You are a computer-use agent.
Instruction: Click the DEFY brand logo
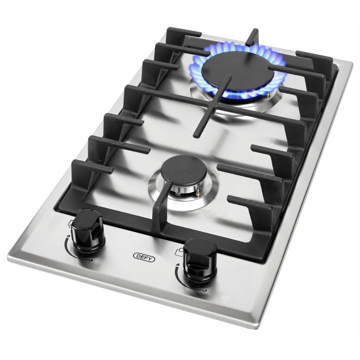(x=144, y=257)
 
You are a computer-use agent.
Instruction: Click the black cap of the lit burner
(x=237, y=69)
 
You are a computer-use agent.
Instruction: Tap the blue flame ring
(x=236, y=69)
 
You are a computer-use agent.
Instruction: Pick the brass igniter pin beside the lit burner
(x=268, y=94)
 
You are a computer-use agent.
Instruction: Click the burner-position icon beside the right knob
(x=179, y=252)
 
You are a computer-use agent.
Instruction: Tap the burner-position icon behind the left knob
(x=71, y=223)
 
